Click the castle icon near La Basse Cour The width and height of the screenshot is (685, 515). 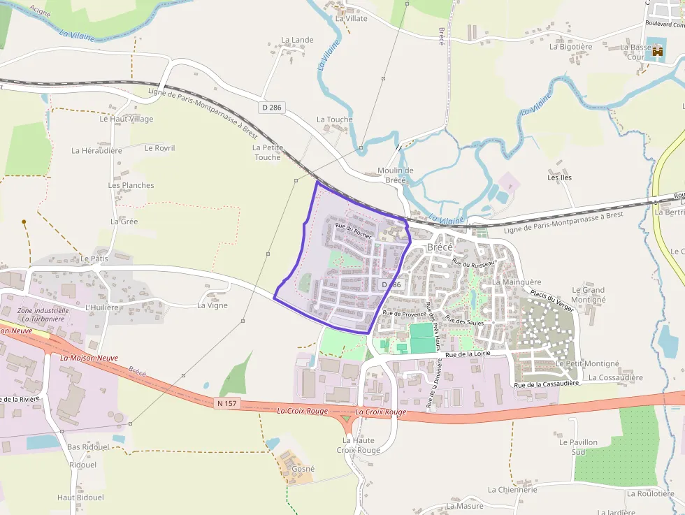click(657, 51)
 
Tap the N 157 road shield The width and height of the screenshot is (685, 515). click(228, 403)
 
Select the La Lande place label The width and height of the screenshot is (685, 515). click(297, 41)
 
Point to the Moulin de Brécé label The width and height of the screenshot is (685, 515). click(395, 175)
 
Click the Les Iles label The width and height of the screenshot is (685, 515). click(559, 177)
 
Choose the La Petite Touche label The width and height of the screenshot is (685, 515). click(266, 152)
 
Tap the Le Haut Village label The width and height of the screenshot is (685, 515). click(126, 119)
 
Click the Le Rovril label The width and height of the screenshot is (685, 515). click(159, 148)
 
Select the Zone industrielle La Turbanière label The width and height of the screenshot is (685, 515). click(43, 314)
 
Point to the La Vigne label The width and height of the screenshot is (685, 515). click(212, 305)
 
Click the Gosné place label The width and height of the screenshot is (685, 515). click(303, 469)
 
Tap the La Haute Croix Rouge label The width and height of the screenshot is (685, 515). click(359, 445)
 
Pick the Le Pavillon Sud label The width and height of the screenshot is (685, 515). click(578, 447)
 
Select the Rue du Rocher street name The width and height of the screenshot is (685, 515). click(353, 231)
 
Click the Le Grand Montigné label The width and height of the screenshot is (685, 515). click(588, 295)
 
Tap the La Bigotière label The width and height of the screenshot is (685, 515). click(570, 47)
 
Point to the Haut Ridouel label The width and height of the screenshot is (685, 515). click(80, 498)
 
